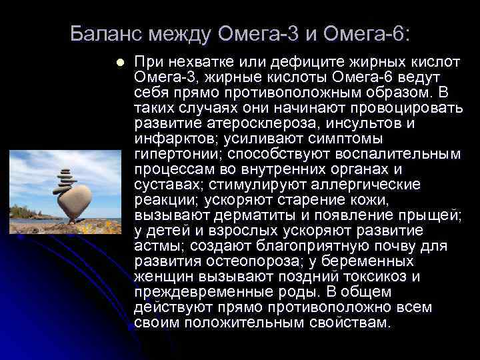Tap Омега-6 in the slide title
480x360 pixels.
point(374,33)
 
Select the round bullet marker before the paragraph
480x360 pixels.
point(119,62)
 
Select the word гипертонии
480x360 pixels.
point(167,154)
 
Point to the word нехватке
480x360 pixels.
point(195,62)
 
